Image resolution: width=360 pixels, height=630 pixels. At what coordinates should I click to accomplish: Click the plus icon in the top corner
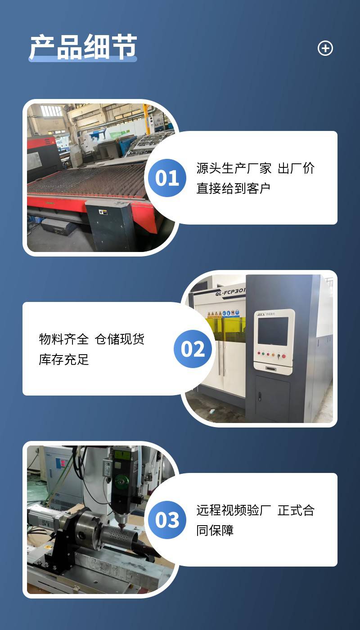tap(325, 48)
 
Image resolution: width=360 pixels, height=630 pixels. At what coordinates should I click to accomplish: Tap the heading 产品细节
tap(83, 47)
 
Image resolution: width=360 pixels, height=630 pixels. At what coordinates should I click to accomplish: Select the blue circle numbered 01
tap(167, 178)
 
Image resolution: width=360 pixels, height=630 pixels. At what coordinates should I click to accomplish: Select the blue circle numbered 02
tap(193, 349)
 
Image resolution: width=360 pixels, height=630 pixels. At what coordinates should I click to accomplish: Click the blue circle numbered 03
tap(167, 520)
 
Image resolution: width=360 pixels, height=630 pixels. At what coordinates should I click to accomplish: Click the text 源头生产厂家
tap(234, 168)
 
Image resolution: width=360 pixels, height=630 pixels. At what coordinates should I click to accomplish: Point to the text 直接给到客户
tap(234, 189)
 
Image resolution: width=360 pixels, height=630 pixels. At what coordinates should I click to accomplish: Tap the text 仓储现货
tap(120, 339)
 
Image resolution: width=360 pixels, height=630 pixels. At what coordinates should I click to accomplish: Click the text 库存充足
tap(64, 360)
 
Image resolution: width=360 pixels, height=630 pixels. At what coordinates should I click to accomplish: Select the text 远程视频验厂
tap(234, 510)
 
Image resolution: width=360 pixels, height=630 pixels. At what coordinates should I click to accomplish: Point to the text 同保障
tap(215, 531)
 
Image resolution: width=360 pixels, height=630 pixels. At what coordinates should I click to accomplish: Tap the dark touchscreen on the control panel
tap(273, 331)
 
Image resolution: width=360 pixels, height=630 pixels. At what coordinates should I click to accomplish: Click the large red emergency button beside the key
tap(284, 356)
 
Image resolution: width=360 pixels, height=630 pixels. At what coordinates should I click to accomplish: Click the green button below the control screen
tap(263, 354)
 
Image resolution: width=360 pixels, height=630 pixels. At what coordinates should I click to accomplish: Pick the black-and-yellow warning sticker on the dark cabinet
tap(103, 212)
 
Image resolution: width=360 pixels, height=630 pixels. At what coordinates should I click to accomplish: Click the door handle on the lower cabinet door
tap(259, 396)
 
